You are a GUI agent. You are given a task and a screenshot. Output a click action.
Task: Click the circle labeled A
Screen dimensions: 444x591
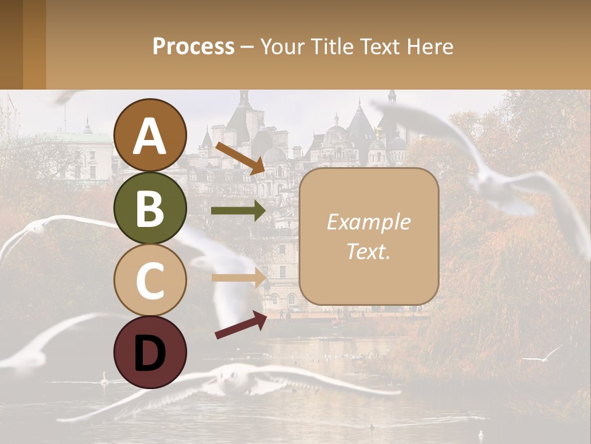coord(150,135)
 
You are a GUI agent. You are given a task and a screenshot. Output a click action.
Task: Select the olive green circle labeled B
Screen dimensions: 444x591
coord(150,208)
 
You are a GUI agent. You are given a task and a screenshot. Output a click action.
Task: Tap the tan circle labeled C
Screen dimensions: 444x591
coord(150,280)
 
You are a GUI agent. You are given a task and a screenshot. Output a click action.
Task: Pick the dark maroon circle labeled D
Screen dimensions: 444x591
coord(150,352)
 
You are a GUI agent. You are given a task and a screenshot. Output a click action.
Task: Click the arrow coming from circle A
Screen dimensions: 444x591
coord(239,158)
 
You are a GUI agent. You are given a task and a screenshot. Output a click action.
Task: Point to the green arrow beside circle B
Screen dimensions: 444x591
coord(238,211)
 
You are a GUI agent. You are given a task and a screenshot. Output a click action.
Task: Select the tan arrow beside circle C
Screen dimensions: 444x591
coord(238,277)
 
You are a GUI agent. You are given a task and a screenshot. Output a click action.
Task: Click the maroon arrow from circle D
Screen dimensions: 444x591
coord(241,325)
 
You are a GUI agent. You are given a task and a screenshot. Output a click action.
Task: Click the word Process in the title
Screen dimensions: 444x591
coord(193,46)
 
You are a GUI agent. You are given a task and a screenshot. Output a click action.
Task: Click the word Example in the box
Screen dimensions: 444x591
coord(368,222)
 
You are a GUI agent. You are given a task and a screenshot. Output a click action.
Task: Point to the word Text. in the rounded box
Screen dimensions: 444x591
coord(368,251)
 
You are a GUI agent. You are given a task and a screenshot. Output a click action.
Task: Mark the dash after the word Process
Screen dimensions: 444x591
coord(247,47)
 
